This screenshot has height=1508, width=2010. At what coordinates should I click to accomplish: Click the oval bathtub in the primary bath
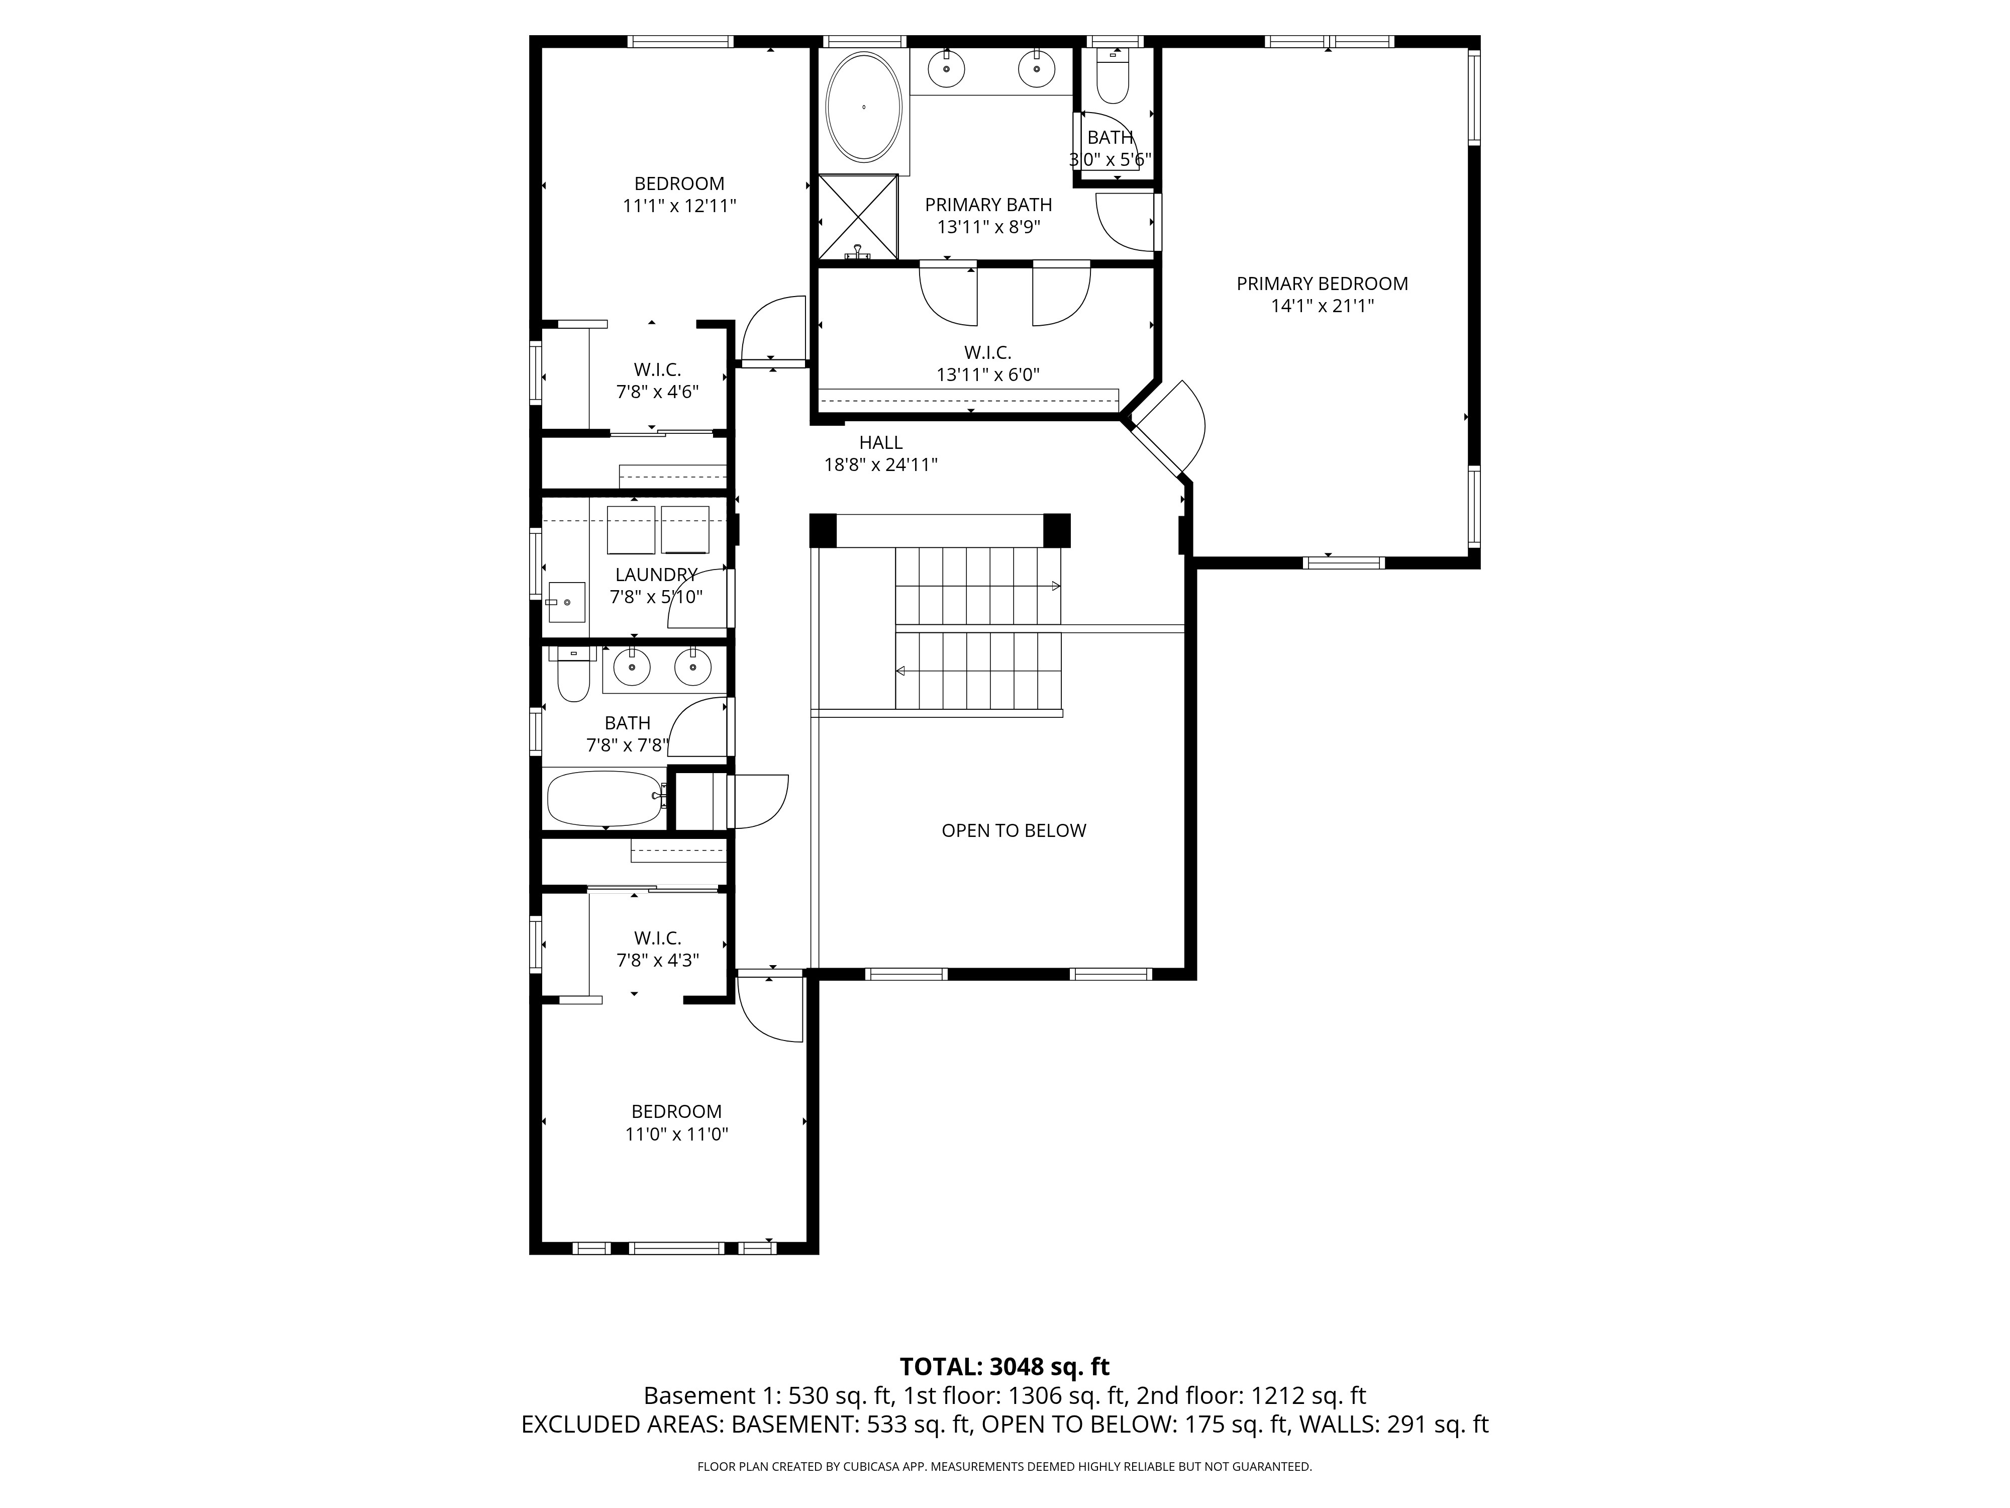point(863,107)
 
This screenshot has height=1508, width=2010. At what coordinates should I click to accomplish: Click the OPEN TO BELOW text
point(1013,830)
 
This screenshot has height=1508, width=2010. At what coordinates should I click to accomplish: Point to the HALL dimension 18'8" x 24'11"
point(880,464)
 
